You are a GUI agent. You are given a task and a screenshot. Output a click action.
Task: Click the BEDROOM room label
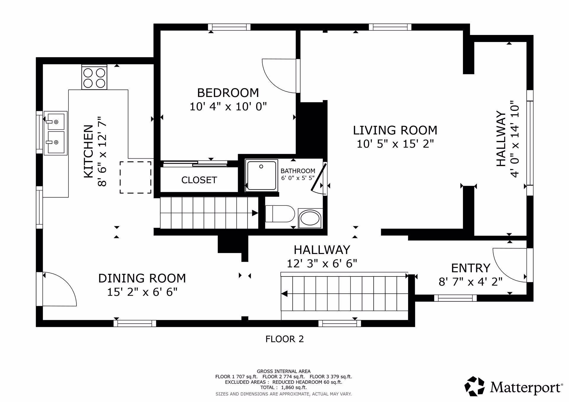tap(228, 93)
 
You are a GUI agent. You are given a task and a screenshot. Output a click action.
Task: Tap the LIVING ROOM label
tap(395, 130)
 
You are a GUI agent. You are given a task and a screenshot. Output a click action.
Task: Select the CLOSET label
tap(199, 180)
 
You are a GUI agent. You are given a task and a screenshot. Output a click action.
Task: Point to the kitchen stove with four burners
tap(94, 77)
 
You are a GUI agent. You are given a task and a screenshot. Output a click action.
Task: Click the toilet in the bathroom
tap(280, 214)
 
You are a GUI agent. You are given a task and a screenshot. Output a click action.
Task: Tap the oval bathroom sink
tap(310, 218)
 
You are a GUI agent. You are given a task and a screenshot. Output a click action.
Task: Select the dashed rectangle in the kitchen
tap(135, 177)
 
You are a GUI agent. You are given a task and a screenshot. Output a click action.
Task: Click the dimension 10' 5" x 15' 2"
tap(395, 144)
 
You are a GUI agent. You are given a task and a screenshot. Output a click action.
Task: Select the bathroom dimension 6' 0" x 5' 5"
tap(298, 178)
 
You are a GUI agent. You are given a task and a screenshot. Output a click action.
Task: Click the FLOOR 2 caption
tap(284, 339)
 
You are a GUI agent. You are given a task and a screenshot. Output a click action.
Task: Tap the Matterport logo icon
tap(474, 386)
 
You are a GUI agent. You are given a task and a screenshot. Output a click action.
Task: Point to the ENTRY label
tap(471, 268)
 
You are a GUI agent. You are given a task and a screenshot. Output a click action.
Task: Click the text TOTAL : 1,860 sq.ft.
tap(284, 387)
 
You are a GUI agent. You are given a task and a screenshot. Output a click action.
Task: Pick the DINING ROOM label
tap(142, 278)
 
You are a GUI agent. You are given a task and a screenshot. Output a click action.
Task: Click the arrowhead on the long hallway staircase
tap(284, 294)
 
